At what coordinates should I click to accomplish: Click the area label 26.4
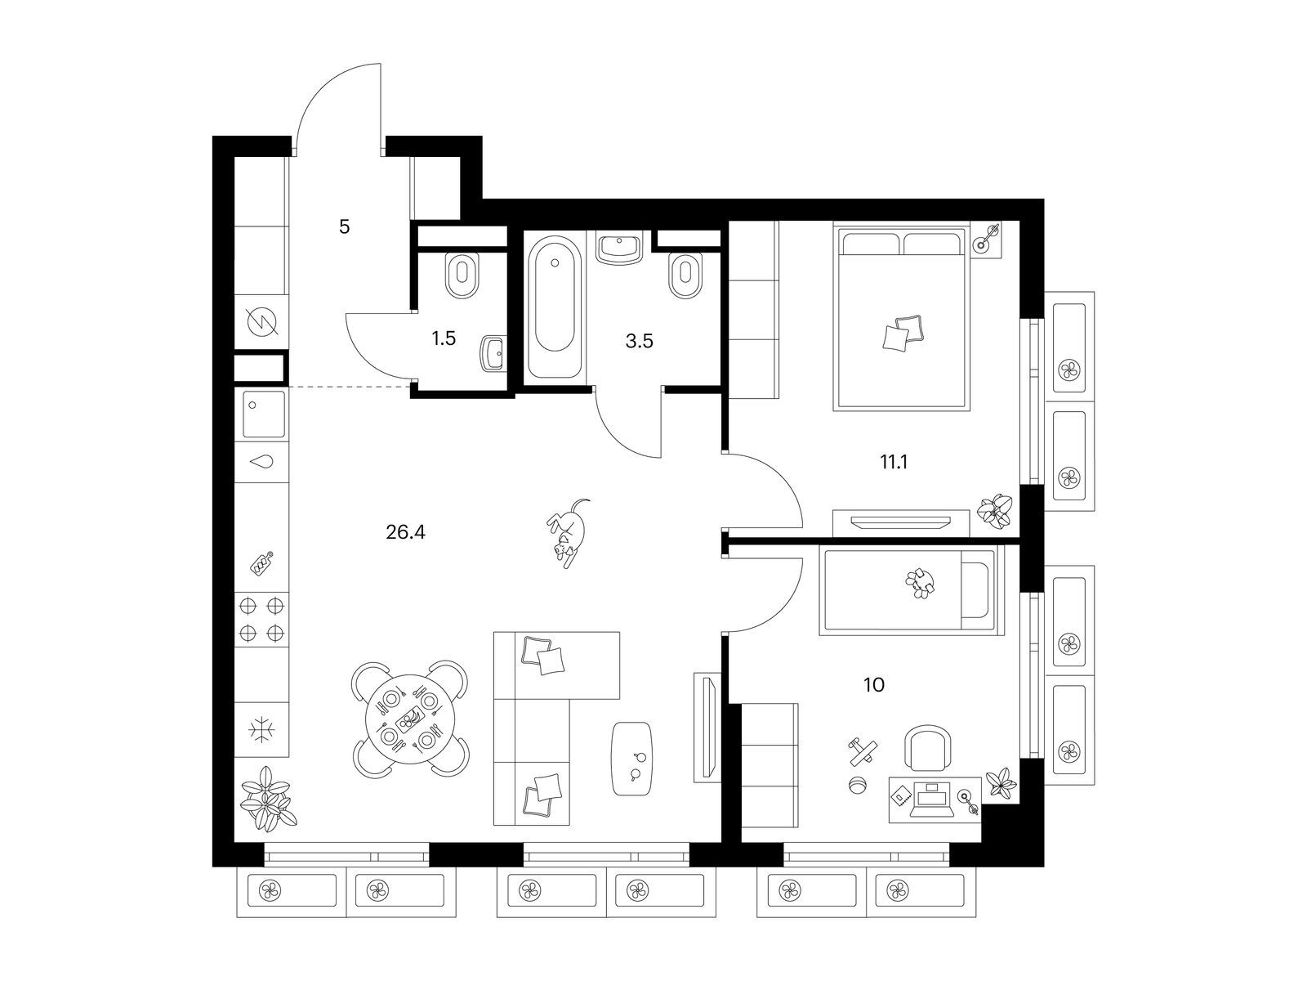(405, 532)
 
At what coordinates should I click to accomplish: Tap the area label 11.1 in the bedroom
(893, 462)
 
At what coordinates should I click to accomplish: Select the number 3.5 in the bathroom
(639, 341)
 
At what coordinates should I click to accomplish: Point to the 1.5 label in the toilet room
(444, 338)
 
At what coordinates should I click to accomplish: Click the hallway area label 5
(344, 227)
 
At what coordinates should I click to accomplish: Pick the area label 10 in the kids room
(873, 685)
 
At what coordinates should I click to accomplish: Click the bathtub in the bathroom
(555, 307)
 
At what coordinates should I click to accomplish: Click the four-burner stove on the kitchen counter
(261, 620)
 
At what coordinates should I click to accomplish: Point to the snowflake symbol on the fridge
(261, 730)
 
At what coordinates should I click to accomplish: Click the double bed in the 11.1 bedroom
(901, 316)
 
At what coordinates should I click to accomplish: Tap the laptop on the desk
(932, 798)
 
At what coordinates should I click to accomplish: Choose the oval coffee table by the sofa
(632, 759)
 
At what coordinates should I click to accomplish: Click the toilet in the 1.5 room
(462, 276)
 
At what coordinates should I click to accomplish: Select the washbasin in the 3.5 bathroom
(619, 248)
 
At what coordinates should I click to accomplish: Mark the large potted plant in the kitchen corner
(267, 798)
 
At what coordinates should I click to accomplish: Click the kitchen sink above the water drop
(262, 414)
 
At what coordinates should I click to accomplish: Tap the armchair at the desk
(927, 750)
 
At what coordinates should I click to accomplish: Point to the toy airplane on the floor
(863, 752)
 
